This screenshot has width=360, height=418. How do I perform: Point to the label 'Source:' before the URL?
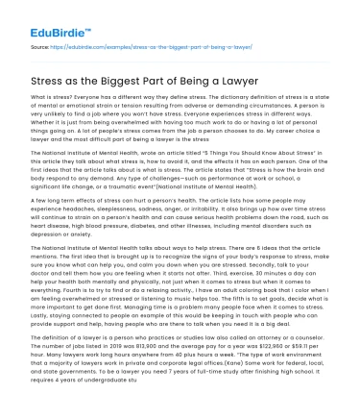pos(40,43)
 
